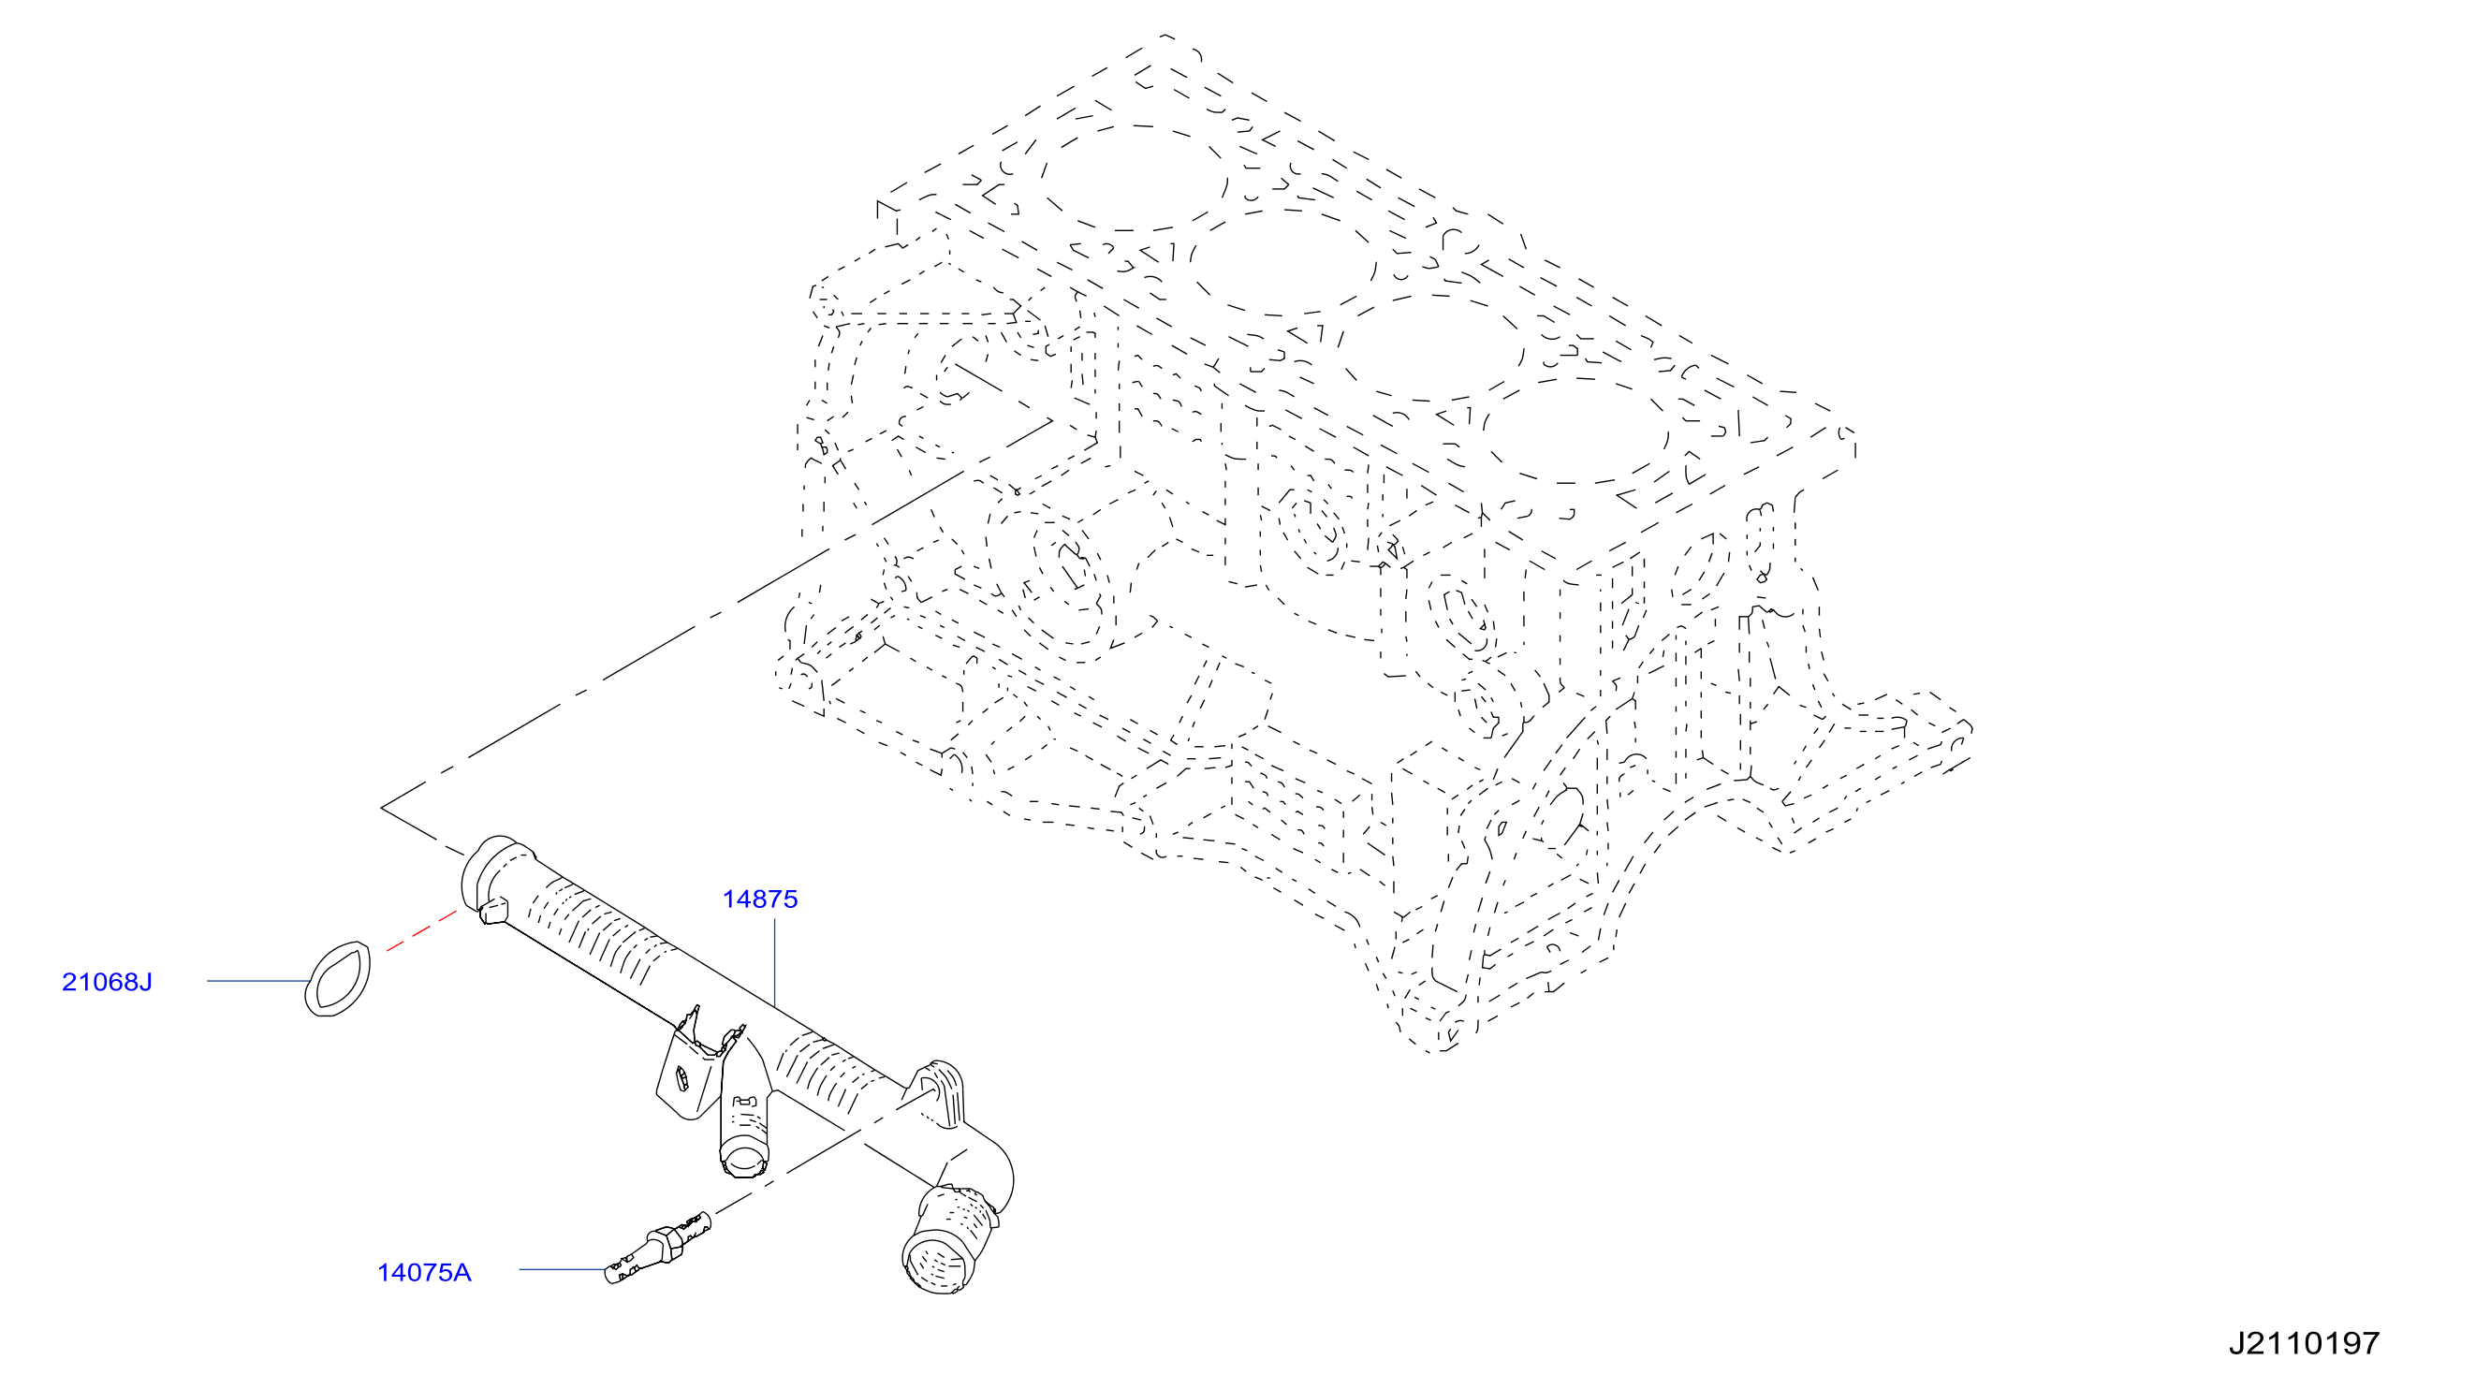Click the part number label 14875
point(759,899)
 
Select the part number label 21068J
point(107,982)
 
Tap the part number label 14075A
point(424,1273)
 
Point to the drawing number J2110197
point(2305,1343)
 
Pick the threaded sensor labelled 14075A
point(658,1247)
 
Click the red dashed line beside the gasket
point(421,931)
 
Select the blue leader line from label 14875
point(775,962)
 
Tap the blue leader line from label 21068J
point(257,981)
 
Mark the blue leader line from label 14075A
point(563,1269)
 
